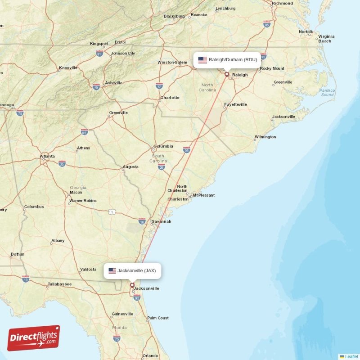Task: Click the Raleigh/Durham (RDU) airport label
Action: [x=227, y=60]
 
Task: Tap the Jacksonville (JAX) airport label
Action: [x=132, y=270]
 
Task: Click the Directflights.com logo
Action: [x=34, y=338]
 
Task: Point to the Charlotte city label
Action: [x=170, y=98]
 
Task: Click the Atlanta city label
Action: [x=47, y=157]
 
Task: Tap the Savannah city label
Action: [x=161, y=221]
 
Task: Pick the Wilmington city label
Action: [x=265, y=137]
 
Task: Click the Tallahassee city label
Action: [x=59, y=284]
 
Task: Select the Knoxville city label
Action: [x=68, y=68]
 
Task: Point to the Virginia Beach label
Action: [x=326, y=39]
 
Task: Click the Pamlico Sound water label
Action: [x=327, y=93]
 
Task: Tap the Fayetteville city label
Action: [x=235, y=104]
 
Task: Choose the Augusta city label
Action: [x=130, y=167]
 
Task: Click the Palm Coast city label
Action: [x=157, y=318]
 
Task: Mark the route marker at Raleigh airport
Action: [x=227, y=74]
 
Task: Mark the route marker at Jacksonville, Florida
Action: [x=132, y=285]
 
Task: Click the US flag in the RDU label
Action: [x=202, y=60]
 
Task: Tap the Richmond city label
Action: [x=282, y=4]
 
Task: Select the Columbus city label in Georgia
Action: [x=34, y=207]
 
